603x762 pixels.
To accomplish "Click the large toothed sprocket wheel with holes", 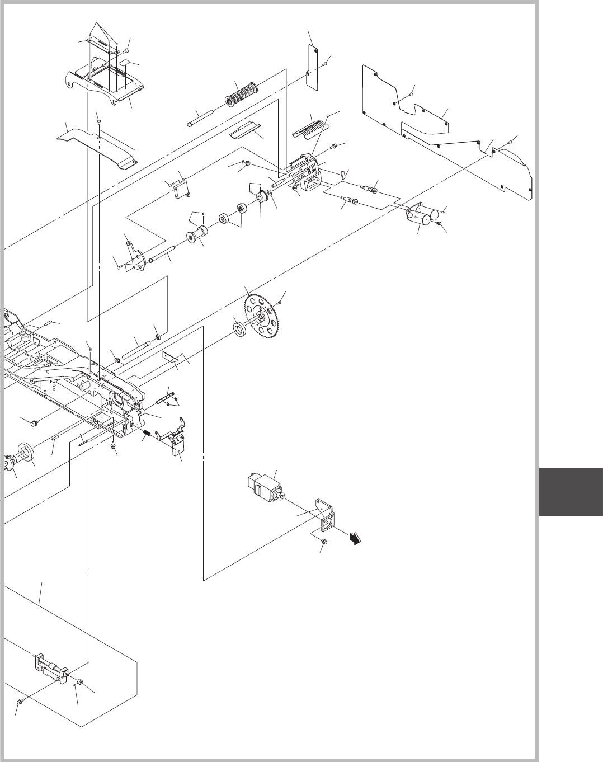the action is (262, 317).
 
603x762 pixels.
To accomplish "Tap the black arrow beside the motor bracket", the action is (355, 538).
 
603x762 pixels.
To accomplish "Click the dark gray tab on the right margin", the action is (571, 492).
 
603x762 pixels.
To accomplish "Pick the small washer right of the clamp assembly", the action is (80, 683).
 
